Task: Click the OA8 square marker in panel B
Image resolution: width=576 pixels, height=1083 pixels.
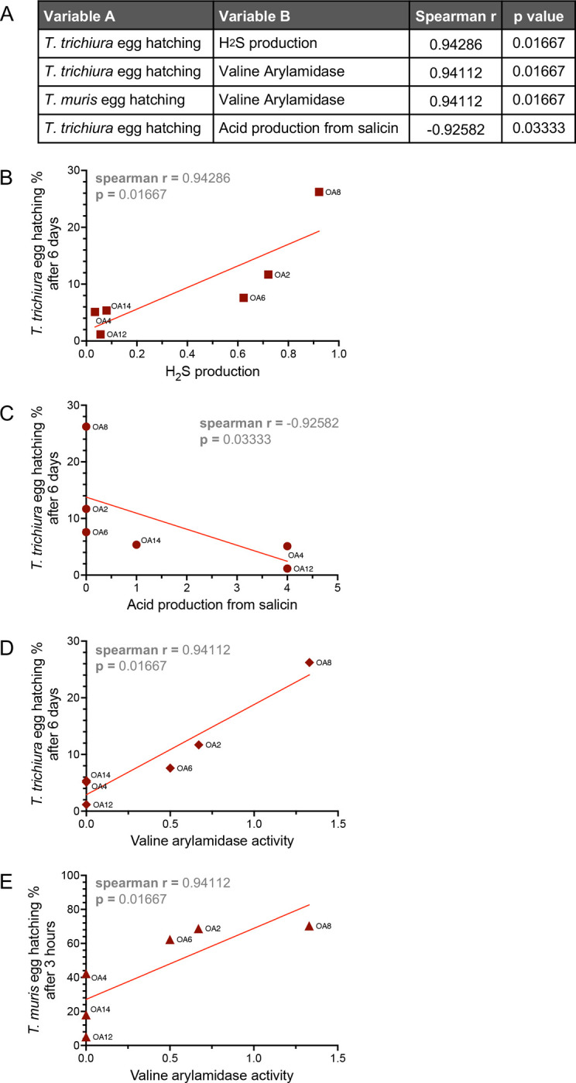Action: click(x=319, y=192)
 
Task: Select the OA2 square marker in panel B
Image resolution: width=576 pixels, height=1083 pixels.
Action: click(x=268, y=275)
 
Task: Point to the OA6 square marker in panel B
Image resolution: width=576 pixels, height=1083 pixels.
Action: click(x=243, y=298)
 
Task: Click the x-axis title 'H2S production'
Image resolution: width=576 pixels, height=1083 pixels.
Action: click(x=212, y=372)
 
